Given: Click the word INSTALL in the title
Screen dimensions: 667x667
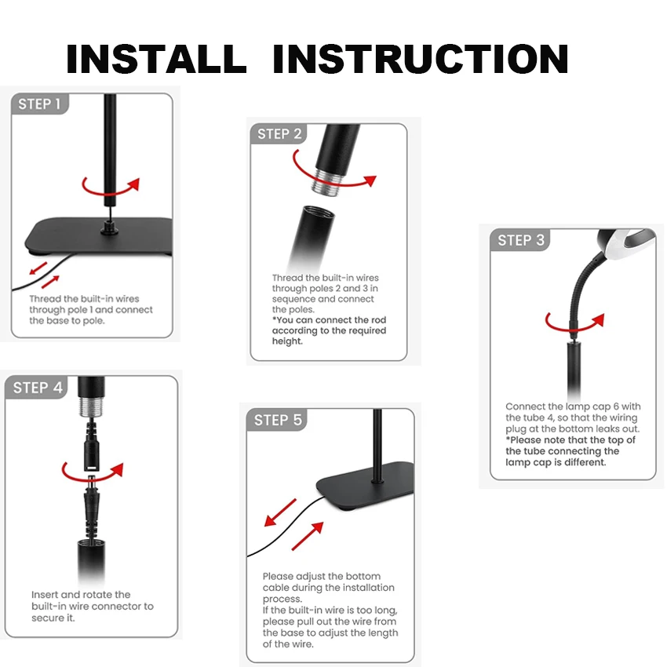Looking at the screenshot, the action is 156,59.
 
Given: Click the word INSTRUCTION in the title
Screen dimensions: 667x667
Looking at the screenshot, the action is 421,59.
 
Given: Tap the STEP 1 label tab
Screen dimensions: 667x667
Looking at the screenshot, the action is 39,104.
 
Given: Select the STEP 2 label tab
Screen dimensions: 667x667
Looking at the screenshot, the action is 279,134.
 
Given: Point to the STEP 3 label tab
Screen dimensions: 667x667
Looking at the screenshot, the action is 520,240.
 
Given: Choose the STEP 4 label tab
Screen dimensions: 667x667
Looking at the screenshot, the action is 37,388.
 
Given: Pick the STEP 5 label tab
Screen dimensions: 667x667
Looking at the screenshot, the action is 277,420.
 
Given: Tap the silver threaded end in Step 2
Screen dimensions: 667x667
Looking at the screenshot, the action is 326,181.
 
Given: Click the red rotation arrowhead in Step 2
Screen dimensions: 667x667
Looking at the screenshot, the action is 371,180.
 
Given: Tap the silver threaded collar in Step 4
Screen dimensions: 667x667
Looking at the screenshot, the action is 91,406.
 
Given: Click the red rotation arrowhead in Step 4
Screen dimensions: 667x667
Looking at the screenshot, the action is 117,469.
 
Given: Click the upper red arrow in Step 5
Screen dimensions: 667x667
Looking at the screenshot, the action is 280,512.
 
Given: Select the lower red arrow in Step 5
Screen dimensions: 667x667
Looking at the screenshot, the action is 307,536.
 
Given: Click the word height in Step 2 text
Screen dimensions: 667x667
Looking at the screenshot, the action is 286,341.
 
